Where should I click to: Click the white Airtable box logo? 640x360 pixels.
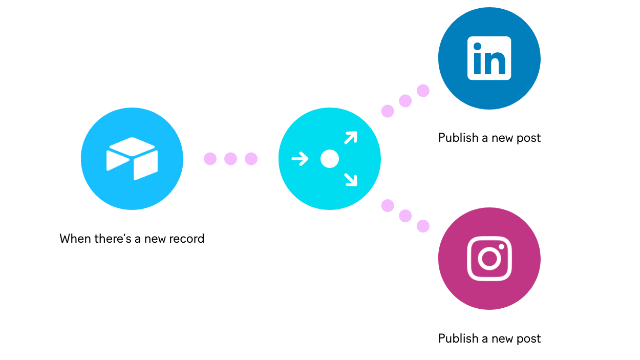pos(132,158)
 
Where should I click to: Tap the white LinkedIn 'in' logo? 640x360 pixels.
pos(489,58)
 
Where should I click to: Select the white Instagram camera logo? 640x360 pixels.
pos(489,258)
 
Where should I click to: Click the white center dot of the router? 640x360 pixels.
pos(330,159)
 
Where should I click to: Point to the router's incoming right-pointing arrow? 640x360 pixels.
pos(300,159)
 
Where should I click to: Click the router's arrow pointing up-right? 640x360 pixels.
pos(351,138)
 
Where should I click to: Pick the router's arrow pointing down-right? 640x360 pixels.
pos(351,179)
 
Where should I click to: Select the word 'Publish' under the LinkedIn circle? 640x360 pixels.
pos(458,138)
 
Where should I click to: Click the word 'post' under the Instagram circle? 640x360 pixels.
pos(529,339)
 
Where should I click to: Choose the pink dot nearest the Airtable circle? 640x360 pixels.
pos(210,159)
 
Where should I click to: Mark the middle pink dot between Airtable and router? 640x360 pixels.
pos(231,159)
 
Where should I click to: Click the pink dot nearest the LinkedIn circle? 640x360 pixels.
pos(423,91)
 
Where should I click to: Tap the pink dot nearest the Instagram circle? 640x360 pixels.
pos(423,226)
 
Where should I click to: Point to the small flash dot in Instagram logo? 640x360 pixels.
pos(502,246)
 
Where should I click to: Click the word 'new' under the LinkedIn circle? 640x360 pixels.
pos(502,138)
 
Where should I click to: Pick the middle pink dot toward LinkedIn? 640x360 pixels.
pos(406,101)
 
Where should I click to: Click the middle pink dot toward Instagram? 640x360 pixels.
pos(406,216)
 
